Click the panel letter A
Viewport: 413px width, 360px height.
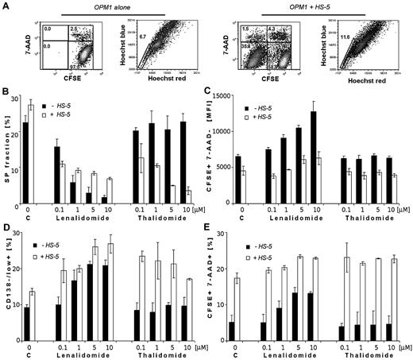tap(6, 6)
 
